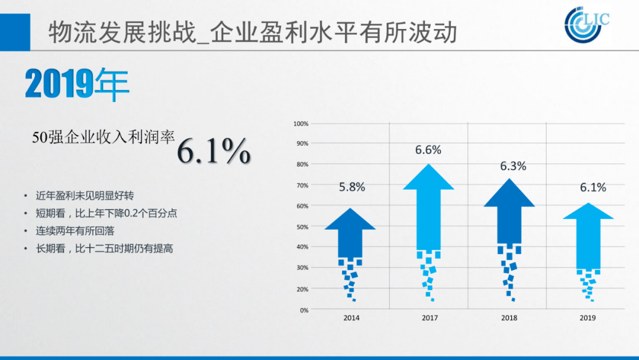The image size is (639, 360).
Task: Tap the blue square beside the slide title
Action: click(15, 32)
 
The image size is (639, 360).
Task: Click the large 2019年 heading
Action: click(77, 84)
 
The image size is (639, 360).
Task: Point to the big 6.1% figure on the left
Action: click(214, 151)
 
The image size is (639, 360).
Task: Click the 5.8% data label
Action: click(352, 187)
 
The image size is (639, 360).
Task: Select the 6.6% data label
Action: click(428, 150)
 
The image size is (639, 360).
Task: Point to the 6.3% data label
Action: click(513, 166)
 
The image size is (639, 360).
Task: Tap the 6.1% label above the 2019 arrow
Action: click(593, 188)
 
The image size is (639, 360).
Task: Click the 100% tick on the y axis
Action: click(301, 124)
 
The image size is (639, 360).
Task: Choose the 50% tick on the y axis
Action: click(302, 227)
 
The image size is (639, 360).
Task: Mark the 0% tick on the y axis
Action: click(304, 310)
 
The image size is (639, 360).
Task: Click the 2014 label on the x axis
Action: click(351, 318)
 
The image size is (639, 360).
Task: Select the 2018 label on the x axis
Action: click(509, 318)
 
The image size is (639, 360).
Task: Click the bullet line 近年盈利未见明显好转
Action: click(85, 196)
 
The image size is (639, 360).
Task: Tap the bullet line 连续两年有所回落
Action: click(75, 231)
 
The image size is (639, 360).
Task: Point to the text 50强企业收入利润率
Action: click(104, 137)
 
